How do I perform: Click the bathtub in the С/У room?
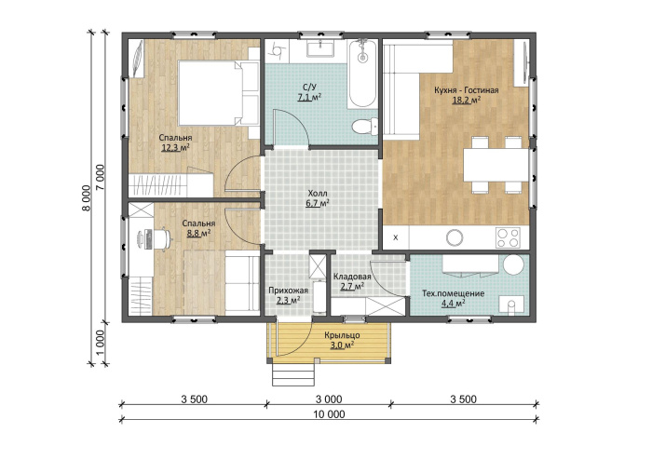point(362,74)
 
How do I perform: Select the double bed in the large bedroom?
point(218,93)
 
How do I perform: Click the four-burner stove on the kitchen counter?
point(508,237)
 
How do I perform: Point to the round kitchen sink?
point(455,237)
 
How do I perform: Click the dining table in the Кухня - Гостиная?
point(496,165)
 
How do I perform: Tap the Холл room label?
point(318,194)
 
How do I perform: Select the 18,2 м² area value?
point(466,101)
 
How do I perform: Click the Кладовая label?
point(352,277)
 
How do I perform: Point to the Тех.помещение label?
point(454,293)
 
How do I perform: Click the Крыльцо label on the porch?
point(342,335)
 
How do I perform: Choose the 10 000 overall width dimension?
point(329,414)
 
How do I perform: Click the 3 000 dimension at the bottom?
point(329,399)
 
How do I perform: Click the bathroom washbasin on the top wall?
point(320,47)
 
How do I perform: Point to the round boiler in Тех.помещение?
point(513,264)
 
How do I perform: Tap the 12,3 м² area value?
point(175,147)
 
